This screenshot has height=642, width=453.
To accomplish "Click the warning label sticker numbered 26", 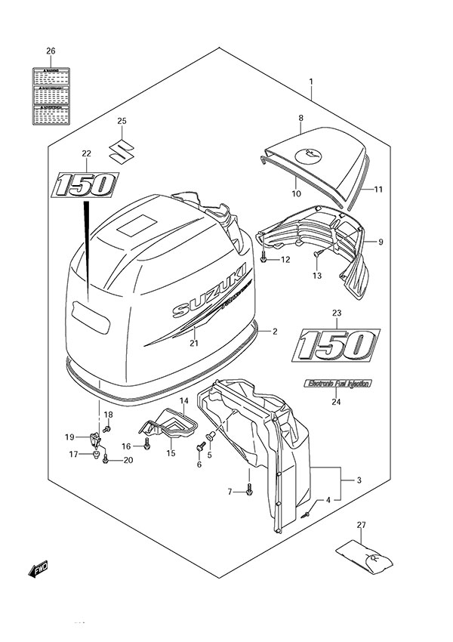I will (x=50, y=95).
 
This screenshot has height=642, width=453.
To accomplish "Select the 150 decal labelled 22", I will (x=85, y=184).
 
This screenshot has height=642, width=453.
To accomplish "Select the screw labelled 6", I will (x=201, y=448).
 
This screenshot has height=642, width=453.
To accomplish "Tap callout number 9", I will (x=381, y=242).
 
